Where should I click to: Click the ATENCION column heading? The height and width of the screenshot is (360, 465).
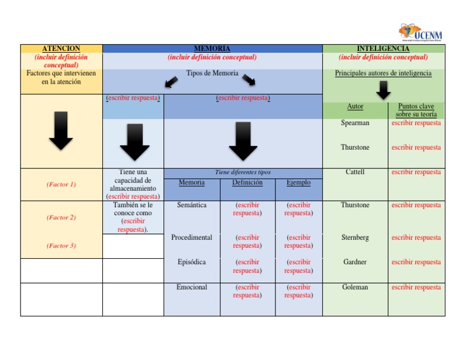(x=61, y=48)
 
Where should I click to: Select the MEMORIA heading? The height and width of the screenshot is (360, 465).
(x=212, y=48)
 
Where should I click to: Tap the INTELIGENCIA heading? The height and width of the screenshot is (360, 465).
(x=383, y=48)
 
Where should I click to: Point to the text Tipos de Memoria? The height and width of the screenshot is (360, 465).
(x=212, y=73)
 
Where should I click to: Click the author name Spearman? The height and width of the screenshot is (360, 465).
(x=355, y=123)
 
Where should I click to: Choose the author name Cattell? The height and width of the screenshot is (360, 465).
(x=355, y=172)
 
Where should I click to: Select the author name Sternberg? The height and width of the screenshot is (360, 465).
(x=355, y=238)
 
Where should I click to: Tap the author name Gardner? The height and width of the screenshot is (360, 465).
(x=355, y=262)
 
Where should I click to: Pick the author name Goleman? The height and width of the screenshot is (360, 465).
(x=355, y=287)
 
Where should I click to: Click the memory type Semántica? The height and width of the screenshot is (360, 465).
(x=191, y=205)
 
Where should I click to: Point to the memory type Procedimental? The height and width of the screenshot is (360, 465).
(x=191, y=238)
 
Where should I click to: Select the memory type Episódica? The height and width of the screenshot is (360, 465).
(x=191, y=262)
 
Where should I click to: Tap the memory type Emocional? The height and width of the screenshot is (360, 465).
(x=191, y=287)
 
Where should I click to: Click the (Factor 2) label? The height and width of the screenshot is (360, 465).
(x=61, y=218)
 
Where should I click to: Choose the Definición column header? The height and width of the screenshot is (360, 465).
(x=247, y=182)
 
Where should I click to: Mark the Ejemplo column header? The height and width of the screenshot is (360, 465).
(x=298, y=182)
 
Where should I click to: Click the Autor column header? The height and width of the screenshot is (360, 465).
(x=355, y=107)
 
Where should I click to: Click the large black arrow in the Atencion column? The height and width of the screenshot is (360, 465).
(x=61, y=130)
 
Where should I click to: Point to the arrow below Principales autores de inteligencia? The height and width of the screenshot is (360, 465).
(x=383, y=90)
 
